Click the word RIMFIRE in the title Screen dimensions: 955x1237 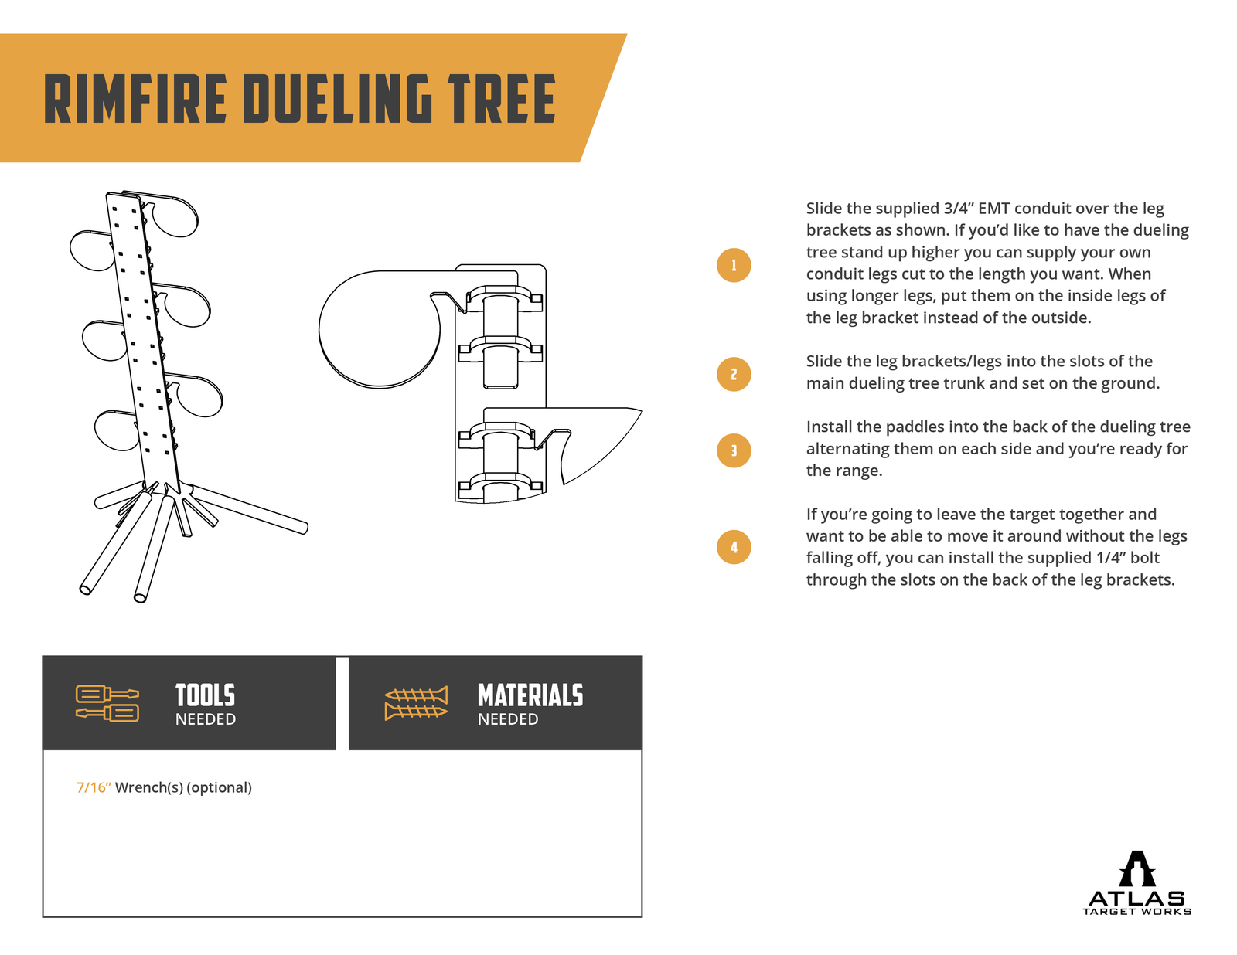click(x=135, y=99)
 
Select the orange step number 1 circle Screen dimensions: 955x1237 click(x=734, y=265)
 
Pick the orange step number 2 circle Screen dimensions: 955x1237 click(x=734, y=374)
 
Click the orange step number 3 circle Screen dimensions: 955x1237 click(x=734, y=450)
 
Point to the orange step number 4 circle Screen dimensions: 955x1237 click(x=734, y=547)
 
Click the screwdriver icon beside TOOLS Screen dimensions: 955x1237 click(x=107, y=702)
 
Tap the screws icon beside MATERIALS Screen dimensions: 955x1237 click(x=416, y=702)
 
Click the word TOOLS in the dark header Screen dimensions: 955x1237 click(x=205, y=695)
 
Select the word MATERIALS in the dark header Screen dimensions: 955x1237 click(x=530, y=695)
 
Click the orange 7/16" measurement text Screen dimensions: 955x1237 click(x=94, y=787)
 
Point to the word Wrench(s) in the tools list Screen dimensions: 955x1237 click(x=149, y=787)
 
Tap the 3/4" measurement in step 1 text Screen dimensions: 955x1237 click(x=959, y=209)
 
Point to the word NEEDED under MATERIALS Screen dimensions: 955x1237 click(x=508, y=719)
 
